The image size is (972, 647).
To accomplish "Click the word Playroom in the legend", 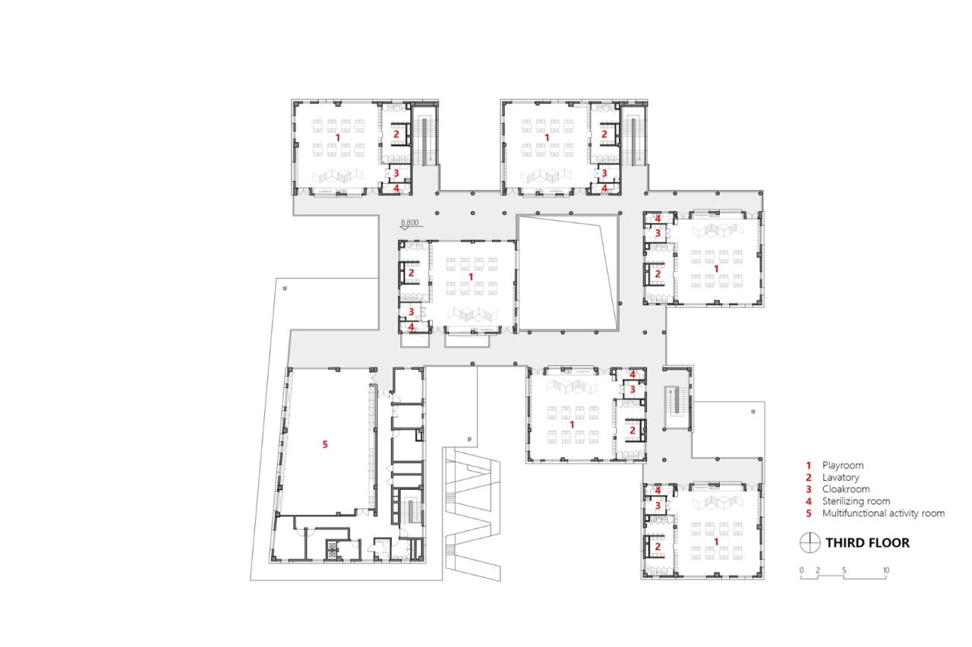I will pyautogui.click(x=843, y=465).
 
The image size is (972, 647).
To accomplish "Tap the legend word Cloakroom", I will pyautogui.click(x=845, y=489).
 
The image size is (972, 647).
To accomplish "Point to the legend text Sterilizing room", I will pyautogui.click(x=857, y=501).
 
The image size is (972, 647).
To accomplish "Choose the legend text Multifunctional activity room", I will pyautogui.click(x=883, y=513).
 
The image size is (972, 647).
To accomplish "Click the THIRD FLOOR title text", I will pyautogui.click(x=867, y=542).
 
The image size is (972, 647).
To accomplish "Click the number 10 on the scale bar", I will pyautogui.click(x=885, y=570).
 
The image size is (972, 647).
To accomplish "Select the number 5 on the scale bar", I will pyautogui.click(x=844, y=570).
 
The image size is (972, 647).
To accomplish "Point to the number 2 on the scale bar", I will pyautogui.click(x=818, y=570).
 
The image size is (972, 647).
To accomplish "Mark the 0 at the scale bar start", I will pyautogui.click(x=802, y=570).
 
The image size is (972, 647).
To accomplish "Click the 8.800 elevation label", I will pyautogui.click(x=409, y=223).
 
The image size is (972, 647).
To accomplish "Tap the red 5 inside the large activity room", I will pyautogui.click(x=325, y=444).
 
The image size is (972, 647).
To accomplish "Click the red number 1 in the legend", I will pyautogui.click(x=809, y=465).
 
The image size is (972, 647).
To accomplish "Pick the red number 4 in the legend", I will pyautogui.click(x=809, y=501).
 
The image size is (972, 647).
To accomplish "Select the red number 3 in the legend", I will pyautogui.click(x=809, y=489).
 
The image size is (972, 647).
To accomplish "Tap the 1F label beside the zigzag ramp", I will pyautogui.click(x=470, y=440).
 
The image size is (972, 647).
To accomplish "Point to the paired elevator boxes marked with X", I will pyautogui.click(x=333, y=549).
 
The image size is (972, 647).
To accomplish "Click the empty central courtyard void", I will pyautogui.click(x=566, y=273).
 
